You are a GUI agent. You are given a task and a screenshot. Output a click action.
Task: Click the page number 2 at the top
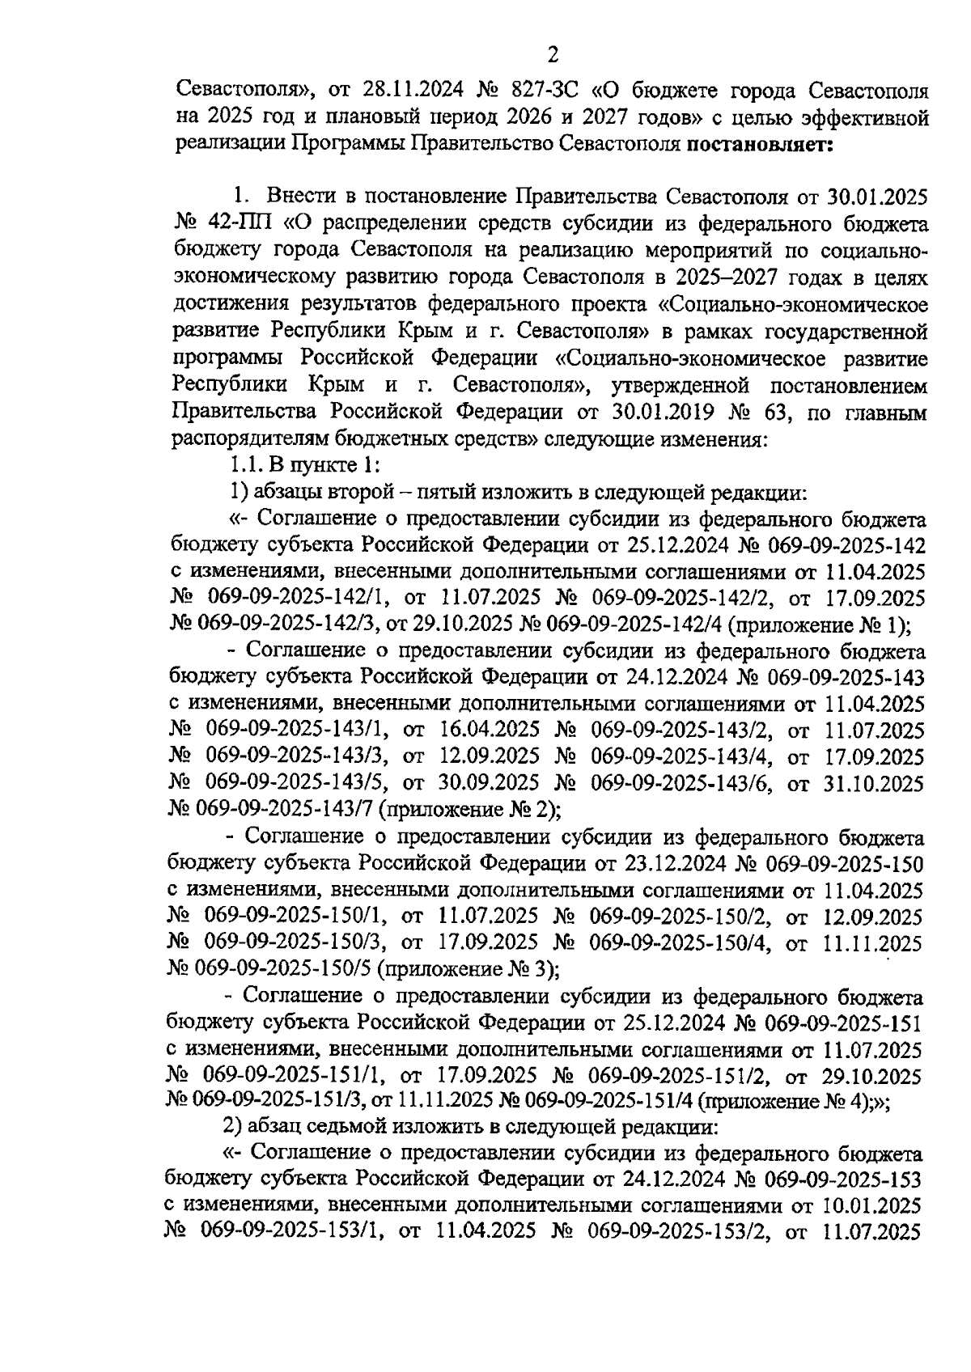(553, 55)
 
